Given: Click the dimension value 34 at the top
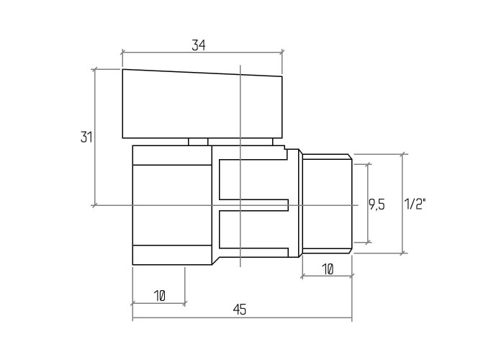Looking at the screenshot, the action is (198, 45).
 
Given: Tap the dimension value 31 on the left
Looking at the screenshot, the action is (86, 138).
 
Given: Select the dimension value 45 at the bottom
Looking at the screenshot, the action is (240, 310).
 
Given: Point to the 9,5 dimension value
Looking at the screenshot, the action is (377, 204).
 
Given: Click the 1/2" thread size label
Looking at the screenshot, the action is (415, 204).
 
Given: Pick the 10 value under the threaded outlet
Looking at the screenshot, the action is (327, 269).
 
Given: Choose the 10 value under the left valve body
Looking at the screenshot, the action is (159, 296).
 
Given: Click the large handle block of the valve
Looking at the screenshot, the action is (202, 104).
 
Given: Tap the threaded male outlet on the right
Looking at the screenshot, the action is (327, 204).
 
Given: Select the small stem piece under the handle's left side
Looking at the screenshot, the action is (198, 142).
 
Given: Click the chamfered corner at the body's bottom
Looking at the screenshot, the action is (216, 261).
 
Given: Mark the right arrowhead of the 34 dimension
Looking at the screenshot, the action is (282, 53).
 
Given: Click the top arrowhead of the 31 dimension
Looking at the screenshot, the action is (94, 69).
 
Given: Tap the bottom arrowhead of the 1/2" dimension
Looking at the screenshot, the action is (402, 253).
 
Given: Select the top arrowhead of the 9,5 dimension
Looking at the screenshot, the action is (369, 164).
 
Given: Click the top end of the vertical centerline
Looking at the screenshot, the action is (240, 66).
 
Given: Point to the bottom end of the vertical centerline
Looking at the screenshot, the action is (240, 266).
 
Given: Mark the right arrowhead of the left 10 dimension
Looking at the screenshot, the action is (185, 303).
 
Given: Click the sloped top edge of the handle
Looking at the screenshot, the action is (202, 73).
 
